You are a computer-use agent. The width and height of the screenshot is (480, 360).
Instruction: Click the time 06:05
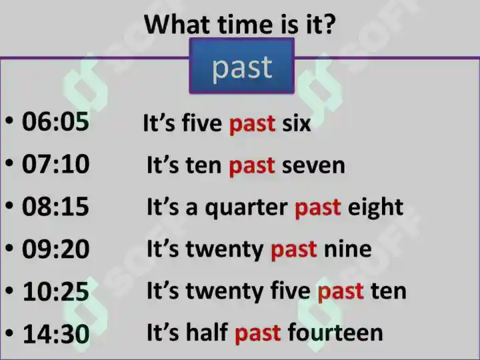click(55, 122)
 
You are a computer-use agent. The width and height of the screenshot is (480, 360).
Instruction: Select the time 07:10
click(56, 165)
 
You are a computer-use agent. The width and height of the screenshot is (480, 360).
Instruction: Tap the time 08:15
click(55, 207)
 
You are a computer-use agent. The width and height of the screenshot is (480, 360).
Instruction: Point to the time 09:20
click(56, 249)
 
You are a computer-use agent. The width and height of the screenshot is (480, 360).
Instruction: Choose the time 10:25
click(56, 291)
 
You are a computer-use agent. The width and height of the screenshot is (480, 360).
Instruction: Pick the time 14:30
click(56, 333)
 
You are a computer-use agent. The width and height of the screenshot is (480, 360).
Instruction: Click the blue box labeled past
click(242, 66)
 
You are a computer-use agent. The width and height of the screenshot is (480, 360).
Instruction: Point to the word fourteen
click(335, 333)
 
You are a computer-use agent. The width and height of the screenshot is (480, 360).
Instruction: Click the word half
click(207, 332)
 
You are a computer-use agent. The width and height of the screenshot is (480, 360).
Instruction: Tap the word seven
click(313, 166)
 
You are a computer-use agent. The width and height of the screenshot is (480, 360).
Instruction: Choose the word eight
click(375, 208)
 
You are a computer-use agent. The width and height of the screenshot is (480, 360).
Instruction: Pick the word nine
click(348, 249)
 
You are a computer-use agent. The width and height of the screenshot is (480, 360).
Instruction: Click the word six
click(296, 123)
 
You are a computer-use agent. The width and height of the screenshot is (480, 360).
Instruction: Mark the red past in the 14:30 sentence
click(258, 334)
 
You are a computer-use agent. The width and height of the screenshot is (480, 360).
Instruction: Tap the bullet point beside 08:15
click(9, 206)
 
